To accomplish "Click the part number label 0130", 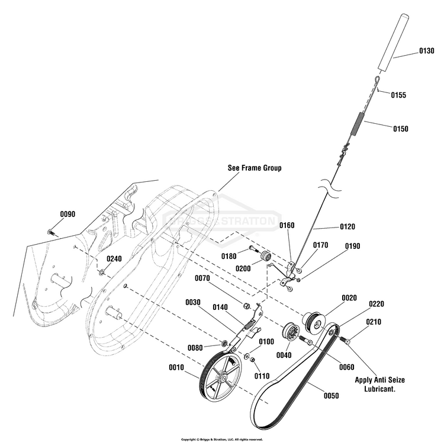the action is tap(426, 51).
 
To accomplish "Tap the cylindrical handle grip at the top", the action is tap(393, 43).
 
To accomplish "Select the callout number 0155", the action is tap(398, 95).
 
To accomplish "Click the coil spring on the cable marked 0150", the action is tap(357, 124).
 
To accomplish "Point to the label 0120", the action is tap(347, 227).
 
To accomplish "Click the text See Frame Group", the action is tap(255, 168).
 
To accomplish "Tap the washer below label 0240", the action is tap(101, 273).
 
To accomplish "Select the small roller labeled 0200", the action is tap(266, 256).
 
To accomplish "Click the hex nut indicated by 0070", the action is tap(246, 306).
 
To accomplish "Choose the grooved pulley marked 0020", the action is tap(314, 322).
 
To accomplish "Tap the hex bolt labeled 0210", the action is tap(345, 340).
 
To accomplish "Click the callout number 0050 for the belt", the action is tap(331, 396).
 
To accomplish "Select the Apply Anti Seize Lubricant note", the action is tap(379, 384).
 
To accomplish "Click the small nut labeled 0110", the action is tap(252, 359).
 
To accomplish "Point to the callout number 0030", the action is tap(193, 302).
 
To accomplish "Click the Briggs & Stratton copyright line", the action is tap(222, 440).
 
